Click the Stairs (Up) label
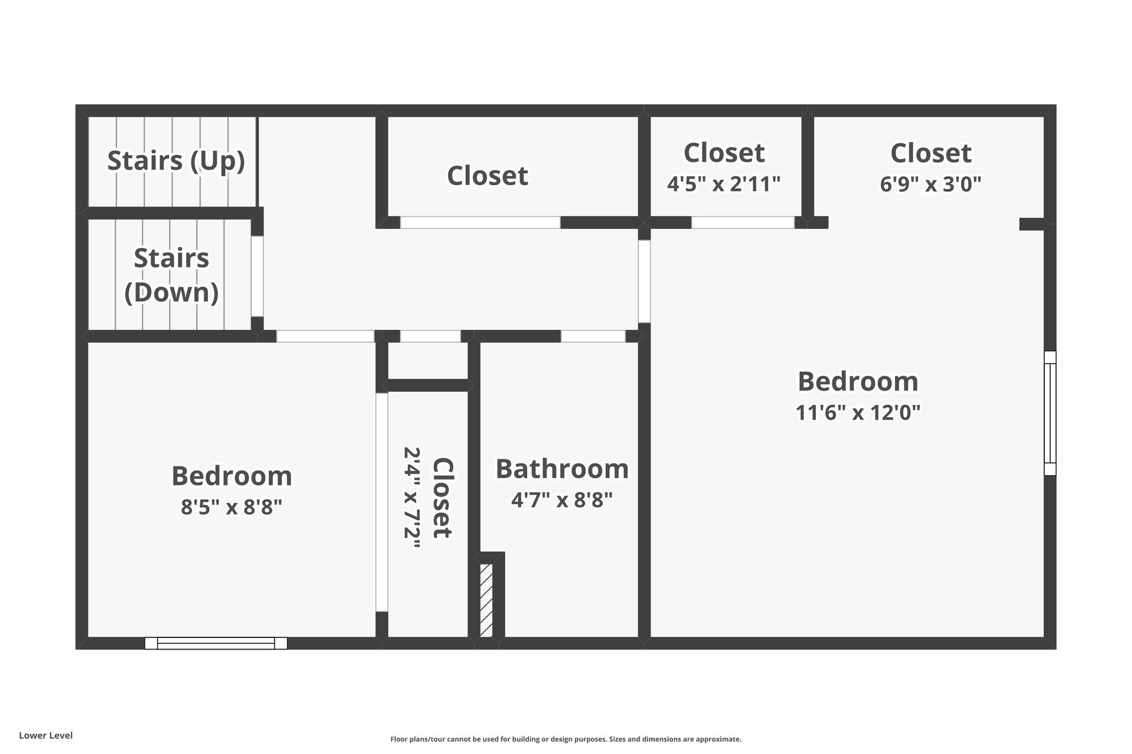pos(176,161)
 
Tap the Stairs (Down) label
pos(171,275)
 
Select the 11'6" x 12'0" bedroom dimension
pos(858,412)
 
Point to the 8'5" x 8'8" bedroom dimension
pos(232,507)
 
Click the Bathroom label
pos(562,468)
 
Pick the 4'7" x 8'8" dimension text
pos(562,500)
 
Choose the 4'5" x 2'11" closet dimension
pos(724,183)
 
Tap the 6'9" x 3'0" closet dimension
pos(931,183)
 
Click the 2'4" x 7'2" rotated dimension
pos(412,497)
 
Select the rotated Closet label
pos(443,497)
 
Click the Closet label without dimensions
pos(488,176)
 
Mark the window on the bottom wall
pos(216,643)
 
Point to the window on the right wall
pos(1050,413)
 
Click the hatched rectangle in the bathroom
pos(486,600)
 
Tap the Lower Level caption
pos(46,735)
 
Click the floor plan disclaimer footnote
pos(566,739)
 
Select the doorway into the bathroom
pos(593,336)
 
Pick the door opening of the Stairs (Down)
pos(257,276)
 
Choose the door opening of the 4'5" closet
pos(743,223)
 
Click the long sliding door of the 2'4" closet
pos(382,502)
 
